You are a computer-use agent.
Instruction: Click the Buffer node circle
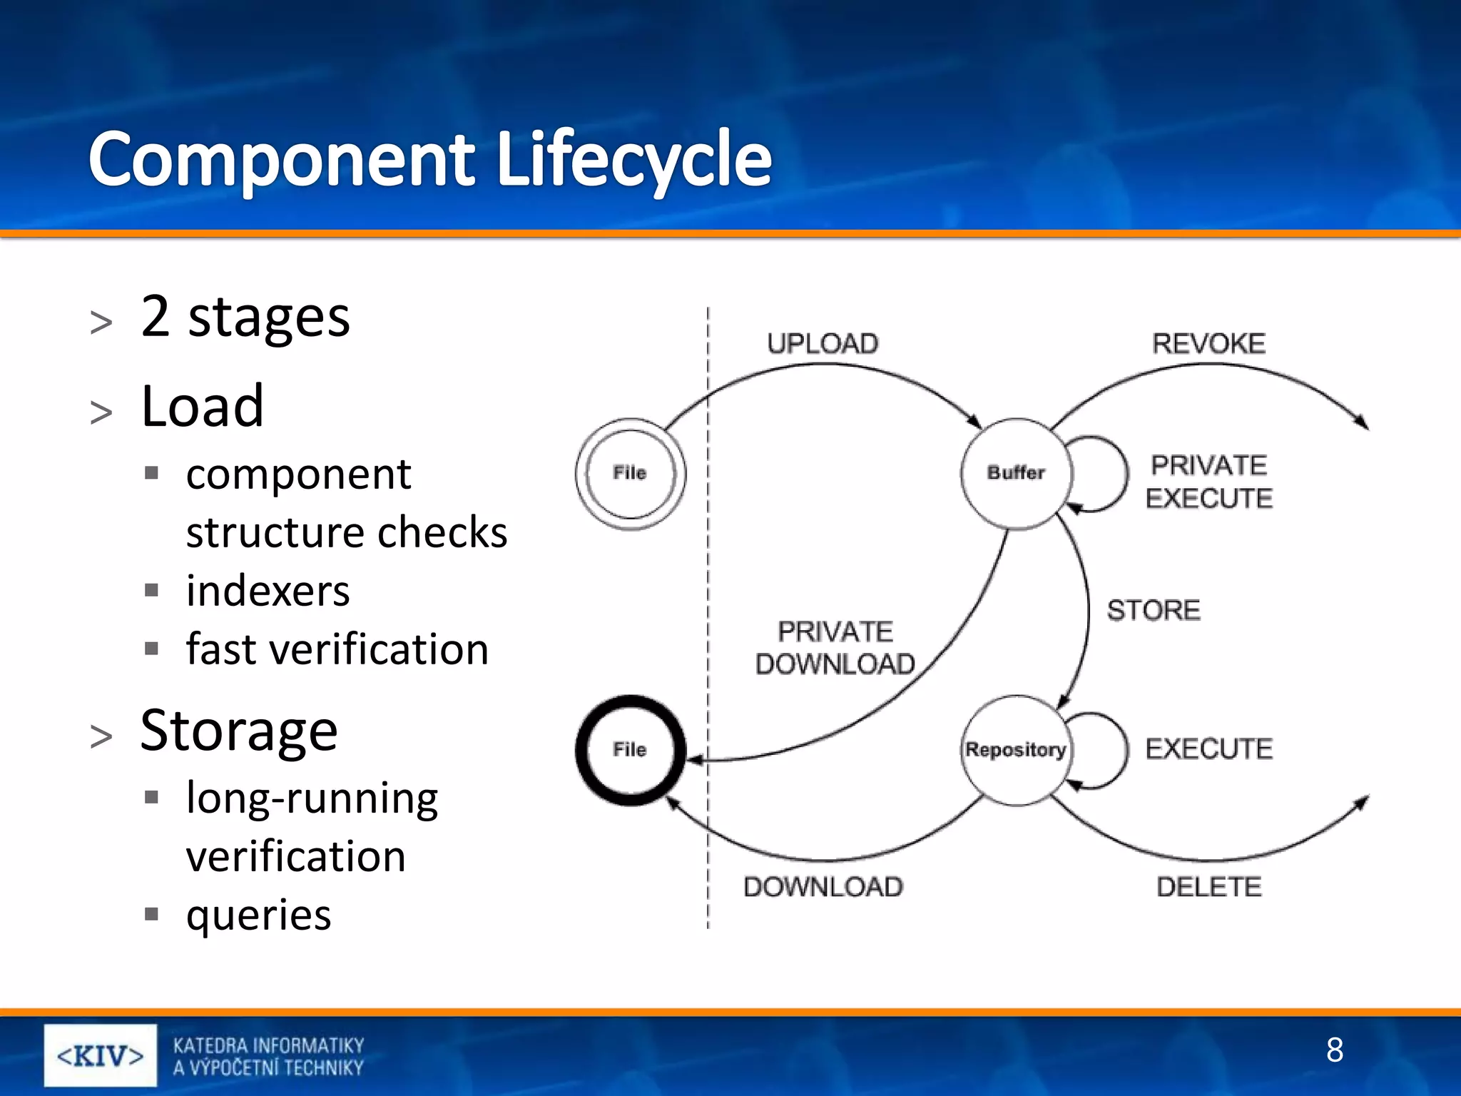(x=1016, y=473)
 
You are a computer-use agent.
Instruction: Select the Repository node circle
(x=1016, y=750)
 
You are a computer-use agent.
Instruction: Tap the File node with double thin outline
(x=630, y=473)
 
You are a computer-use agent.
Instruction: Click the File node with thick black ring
(x=630, y=750)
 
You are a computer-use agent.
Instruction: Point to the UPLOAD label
(x=823, y=344)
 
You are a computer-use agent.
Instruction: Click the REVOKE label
(x=1208, y=344)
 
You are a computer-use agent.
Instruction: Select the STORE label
(x=1154, y=611)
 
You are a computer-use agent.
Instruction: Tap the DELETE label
(x=1208, y=887)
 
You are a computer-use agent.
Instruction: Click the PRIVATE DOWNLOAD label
(x=835, y=648)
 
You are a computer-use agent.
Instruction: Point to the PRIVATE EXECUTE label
(x=1208, y=482)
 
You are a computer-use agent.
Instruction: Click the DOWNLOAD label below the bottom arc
(x=823, y=887)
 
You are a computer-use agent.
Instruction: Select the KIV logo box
(x=101, y=1055)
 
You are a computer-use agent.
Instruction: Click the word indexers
(x=268, y=591)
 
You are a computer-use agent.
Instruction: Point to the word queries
(x=258, y=914)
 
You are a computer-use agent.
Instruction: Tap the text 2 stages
(x=245, y=316)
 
